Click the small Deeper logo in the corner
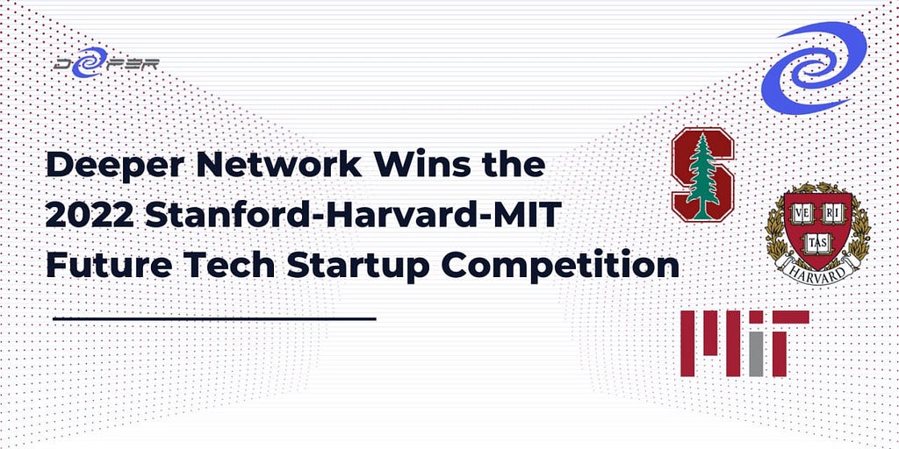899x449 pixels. click(x=106, y=62)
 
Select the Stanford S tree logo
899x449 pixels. click(x=703, y=175)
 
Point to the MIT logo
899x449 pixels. click(x=744, y=344)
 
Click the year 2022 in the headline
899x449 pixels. click(x=90, y=216)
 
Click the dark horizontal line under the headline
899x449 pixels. click(x=214, y=318)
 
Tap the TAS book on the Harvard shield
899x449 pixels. click(x=817, y=242)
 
